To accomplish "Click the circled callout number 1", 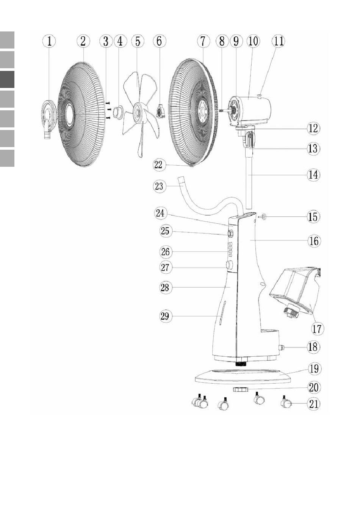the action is coord(49,41).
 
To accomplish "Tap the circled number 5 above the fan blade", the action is coord(138,41).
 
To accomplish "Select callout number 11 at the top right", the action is coord(279,41).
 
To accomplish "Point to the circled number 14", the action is coord(313,175).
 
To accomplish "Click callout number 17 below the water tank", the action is coord(317,329).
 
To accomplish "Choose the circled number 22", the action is coord(159,165).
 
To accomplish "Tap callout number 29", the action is coord(165,316).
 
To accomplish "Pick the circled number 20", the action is coord(313,387).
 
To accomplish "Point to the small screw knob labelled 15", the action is coord(263,216).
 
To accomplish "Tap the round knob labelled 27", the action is coord(229,265).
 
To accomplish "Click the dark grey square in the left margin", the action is coord(7,79).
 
